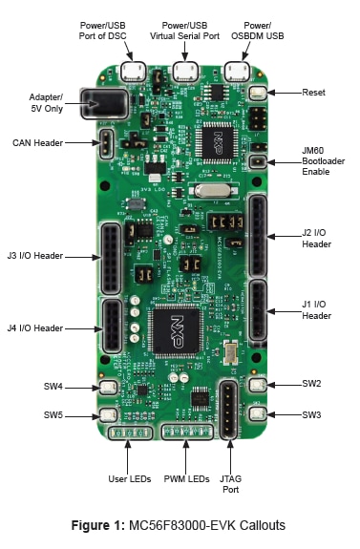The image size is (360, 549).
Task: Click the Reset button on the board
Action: [258, 93]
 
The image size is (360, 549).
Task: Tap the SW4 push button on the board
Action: [108, 388]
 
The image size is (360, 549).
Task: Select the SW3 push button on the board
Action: [258, 413]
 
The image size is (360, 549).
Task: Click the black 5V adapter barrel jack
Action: [104, 103]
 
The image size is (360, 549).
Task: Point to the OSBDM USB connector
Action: [237, 72]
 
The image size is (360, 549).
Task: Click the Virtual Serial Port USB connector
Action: [185, 72]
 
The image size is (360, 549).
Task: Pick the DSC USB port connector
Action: [133, 72]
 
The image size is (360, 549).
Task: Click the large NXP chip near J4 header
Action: [176, 331]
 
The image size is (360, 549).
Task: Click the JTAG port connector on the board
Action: [229, 410]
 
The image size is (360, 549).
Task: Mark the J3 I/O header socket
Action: [112, 259]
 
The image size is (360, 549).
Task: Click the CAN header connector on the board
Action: [106, 144]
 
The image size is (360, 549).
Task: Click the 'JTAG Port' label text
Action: [230, 484]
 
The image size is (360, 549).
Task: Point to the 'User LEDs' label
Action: [130, 479]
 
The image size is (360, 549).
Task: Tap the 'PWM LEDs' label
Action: [186, 479]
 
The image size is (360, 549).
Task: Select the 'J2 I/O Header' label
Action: [317, 239]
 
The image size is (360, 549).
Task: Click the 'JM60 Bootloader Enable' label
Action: [323, 161]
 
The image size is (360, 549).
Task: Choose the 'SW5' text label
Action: [53, 415]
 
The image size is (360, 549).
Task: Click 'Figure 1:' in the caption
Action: [98, 525]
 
